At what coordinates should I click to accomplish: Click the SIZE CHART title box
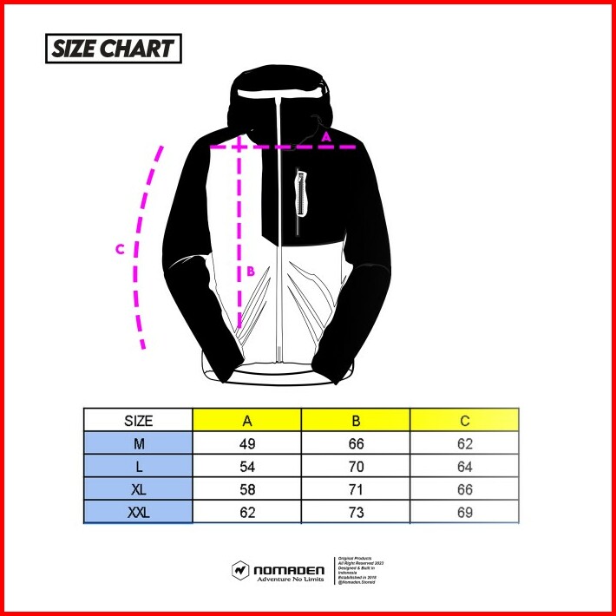113,49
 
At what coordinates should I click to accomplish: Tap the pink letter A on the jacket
326,136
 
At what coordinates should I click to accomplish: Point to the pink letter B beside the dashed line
250,271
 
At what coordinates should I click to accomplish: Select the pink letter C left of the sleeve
121,249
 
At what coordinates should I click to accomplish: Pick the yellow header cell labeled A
247,421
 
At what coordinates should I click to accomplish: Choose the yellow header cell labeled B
356,421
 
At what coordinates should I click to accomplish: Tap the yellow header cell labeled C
464,421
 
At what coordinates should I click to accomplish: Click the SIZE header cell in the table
138,421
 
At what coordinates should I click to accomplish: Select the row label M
138,443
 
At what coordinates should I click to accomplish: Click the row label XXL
138,512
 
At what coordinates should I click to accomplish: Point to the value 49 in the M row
247,443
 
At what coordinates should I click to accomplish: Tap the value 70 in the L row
356,466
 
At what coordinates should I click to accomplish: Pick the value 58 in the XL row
247,489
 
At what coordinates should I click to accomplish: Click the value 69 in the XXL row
464,512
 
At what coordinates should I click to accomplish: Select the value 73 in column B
356,512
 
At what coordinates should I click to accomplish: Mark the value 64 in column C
464,466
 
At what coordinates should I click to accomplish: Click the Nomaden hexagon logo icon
240,571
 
